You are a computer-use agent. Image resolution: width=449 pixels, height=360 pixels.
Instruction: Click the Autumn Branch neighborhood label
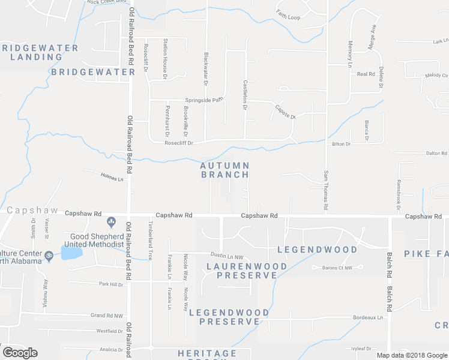[224, 170]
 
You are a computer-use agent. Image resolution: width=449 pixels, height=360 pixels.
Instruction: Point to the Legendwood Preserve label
[229, 317]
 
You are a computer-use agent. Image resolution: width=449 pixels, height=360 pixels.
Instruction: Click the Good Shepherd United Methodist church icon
[111, 223]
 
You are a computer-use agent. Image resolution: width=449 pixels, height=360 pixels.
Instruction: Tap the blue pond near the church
[71, 253]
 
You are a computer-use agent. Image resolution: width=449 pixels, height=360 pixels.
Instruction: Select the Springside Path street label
[203, 100]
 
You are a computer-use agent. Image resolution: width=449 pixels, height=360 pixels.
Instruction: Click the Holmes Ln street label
[111, 178]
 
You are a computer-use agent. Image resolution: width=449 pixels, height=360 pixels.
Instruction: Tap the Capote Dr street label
[285, 112]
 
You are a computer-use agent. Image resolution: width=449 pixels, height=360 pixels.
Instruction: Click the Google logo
[20, 353]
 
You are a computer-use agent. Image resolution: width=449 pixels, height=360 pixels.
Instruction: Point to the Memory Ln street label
[350, 53]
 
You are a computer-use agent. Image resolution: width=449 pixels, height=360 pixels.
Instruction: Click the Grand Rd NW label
[106, 316]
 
